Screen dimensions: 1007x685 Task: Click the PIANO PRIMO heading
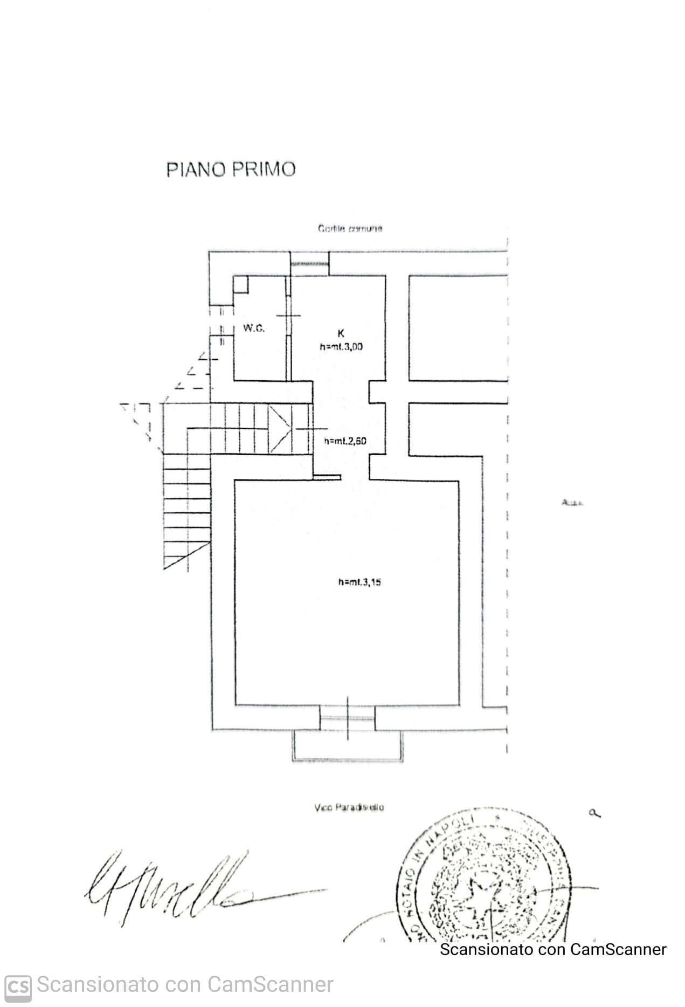[x=231, y=169]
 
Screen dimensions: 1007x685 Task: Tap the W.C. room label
[x=253, y=328]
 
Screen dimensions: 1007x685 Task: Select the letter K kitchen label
[x=341, y=334]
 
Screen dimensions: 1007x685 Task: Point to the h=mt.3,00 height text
[x=341, y=347]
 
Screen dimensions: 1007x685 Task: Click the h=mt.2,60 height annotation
[x=345, y=441]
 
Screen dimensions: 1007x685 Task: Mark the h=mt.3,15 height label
[x=359, y=582]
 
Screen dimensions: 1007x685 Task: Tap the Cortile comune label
[x=350, y=229]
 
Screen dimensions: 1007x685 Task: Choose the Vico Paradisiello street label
[x=348, y=808]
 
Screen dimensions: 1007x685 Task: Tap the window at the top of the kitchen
[x=309, y=263]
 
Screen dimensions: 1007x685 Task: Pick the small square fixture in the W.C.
[x=241, y=284]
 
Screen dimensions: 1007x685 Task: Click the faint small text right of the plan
[x=572, y=503]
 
